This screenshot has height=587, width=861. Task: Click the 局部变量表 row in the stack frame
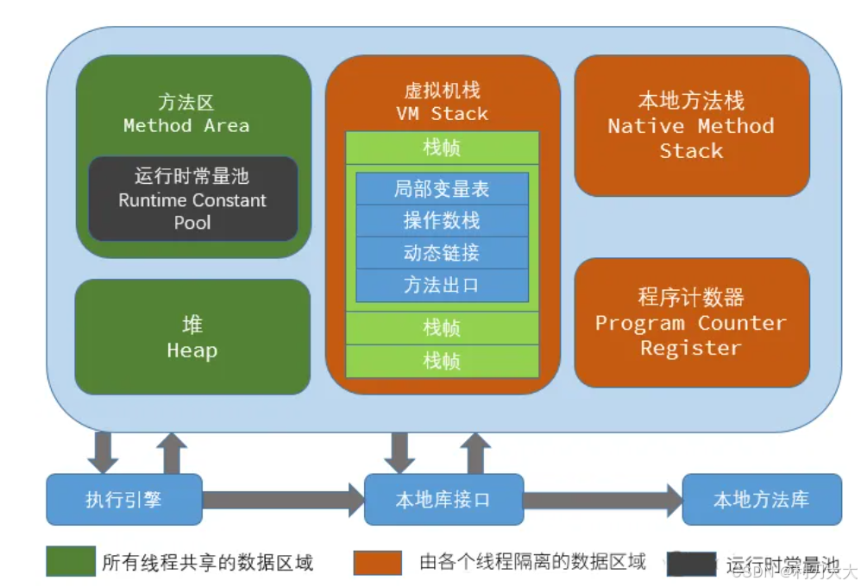coord(442,189)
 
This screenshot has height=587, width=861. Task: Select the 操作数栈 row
coord(442,221)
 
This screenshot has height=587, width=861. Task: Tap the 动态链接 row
coord(442,253)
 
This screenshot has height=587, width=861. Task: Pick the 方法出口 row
coord(442,285)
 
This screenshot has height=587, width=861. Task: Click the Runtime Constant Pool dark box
coord(192,199)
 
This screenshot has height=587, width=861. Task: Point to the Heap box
coord(192,337)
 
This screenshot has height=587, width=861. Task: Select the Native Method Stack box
coord(691,126)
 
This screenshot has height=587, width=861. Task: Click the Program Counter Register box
coord(691,323)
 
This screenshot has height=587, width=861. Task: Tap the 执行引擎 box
coord(123,499)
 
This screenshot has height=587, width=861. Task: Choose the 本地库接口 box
coord(443,499)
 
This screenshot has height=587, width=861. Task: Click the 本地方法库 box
coord(761,499)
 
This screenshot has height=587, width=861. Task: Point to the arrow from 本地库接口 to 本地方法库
coord(602,499)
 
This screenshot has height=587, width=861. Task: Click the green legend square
coord(70,562)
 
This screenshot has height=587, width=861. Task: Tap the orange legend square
coord(377,562)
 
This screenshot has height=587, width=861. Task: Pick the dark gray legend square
coord(690,564)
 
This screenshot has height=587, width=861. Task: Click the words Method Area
coord(186,126)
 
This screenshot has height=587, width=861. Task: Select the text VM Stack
coord(442,113)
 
